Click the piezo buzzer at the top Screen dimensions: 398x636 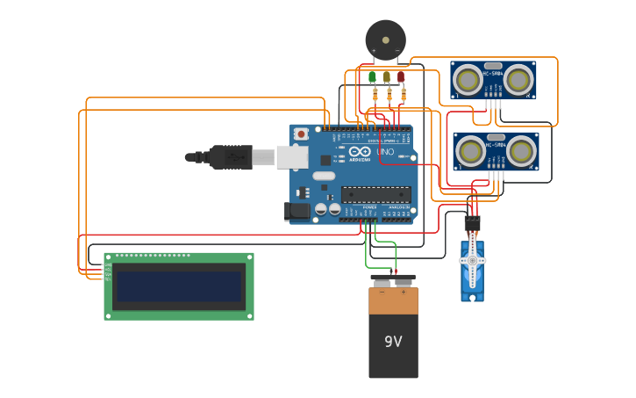point(386,39)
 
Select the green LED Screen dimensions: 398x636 point(372,77)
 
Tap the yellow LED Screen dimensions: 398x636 point(386,77)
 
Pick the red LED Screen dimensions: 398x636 point(401,77)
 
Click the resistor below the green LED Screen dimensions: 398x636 point(375,94)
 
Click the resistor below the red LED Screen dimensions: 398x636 point(401,94)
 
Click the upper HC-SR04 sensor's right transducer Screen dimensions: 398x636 point(518,79)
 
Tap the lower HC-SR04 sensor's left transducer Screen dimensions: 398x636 point(471,151)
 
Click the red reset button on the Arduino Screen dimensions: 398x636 point(302,134)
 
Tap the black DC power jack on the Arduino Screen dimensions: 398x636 point(297,211)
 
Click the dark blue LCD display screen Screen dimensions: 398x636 point(179,286)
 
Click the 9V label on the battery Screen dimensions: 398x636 point(393,341)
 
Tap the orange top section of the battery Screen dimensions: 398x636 point(393,300)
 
